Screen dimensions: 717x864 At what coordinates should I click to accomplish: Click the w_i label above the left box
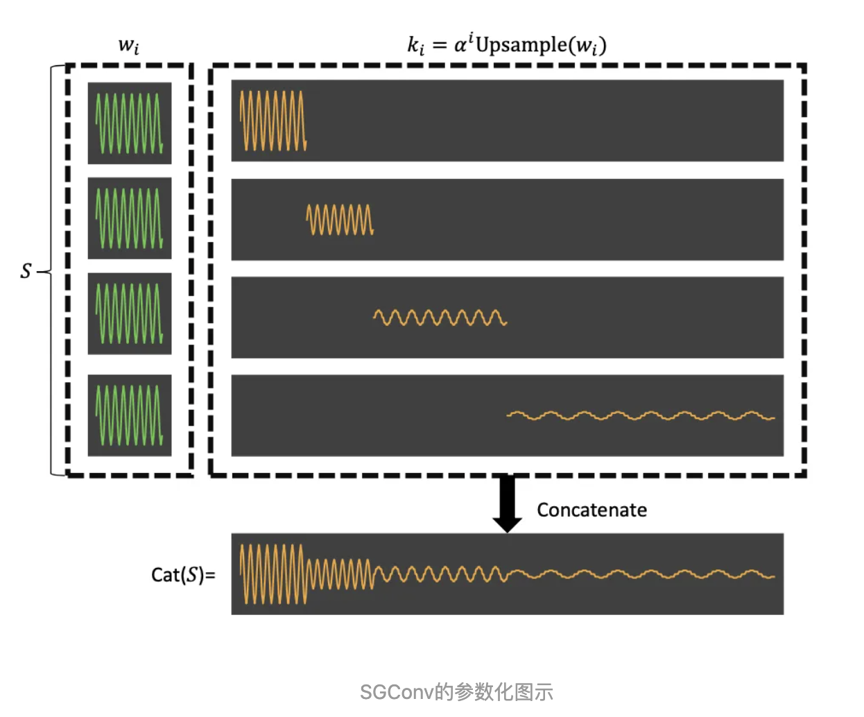(x=129, y=46)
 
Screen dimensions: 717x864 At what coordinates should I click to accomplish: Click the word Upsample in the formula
(x=521, y=45)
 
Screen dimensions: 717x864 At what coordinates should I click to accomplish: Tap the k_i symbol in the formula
(x=415, y=46)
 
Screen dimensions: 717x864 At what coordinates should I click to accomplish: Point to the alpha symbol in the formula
(x=460, y=46)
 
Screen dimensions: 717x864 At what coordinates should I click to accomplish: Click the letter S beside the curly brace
(x=26, y=271)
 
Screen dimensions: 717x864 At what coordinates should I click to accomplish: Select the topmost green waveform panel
(x=130, y=123)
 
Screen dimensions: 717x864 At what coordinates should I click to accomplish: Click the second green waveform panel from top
(x=130, y=218)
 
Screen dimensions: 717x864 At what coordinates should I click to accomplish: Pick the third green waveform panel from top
(x=130, y=313)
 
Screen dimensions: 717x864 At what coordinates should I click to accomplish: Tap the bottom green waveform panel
(x=130, y=415)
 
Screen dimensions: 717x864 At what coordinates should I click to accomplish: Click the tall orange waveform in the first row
(x=273, y=121)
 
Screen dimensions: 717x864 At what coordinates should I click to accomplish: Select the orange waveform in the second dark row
(x=340, y=220)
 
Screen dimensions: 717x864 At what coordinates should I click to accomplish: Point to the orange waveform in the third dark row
(x=440, y=318)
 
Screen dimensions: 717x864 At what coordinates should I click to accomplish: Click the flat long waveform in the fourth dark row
(x=640, y=416)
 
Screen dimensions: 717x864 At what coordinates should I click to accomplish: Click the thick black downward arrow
(x=507, y=503)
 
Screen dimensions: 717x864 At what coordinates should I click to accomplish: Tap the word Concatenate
(x=591, y=510)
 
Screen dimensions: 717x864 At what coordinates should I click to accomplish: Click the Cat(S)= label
(x=183, y=575)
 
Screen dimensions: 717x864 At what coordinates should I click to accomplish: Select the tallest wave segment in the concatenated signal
(x=273, y=574)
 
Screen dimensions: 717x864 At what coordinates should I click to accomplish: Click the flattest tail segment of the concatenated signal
(x=640, y=574)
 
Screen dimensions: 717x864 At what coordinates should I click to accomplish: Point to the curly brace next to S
(x=52, y=271)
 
